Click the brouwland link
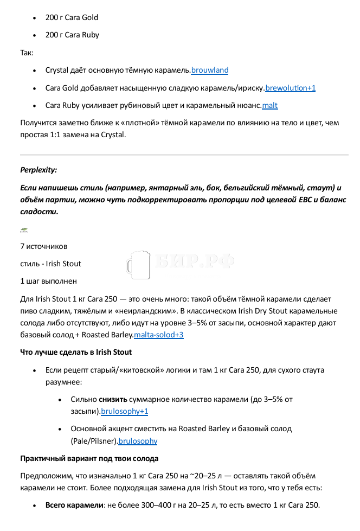tap(210, 71)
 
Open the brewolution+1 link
tap(290, 88)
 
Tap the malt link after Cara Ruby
tap(269, 106)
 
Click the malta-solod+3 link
tap(158, 335)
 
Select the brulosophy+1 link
tap(124, 412)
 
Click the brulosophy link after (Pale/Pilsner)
tap(138, 442)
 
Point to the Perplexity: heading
tap(38, 170)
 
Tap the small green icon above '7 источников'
tap(24, 230)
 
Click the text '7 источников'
tap(44, 247)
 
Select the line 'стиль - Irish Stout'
tap(50, 264)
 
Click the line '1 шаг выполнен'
tap(48, 282)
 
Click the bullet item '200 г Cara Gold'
tap(72, 18)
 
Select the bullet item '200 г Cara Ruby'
tap(72, 35)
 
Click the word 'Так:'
tap(27, 53)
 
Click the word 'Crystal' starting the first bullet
tap(57, 71)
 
